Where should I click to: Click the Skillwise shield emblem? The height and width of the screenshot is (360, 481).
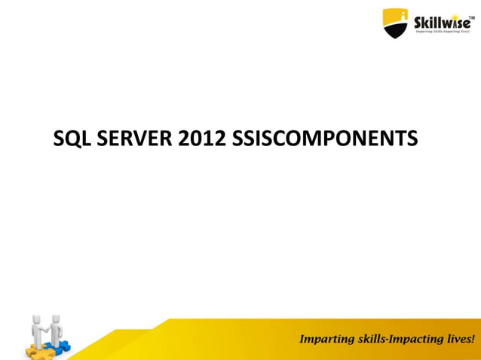click(395, 23)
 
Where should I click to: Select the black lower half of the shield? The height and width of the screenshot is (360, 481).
click(395, 32)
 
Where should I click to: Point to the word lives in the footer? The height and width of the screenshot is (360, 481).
click(459, 338)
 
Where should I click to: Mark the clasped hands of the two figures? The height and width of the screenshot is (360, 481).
click(47, 329)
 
